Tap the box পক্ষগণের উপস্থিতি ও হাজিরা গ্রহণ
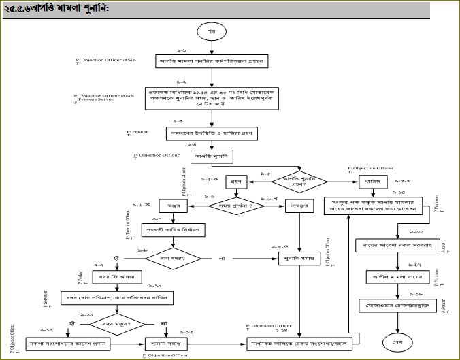211,133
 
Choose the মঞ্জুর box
174,205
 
